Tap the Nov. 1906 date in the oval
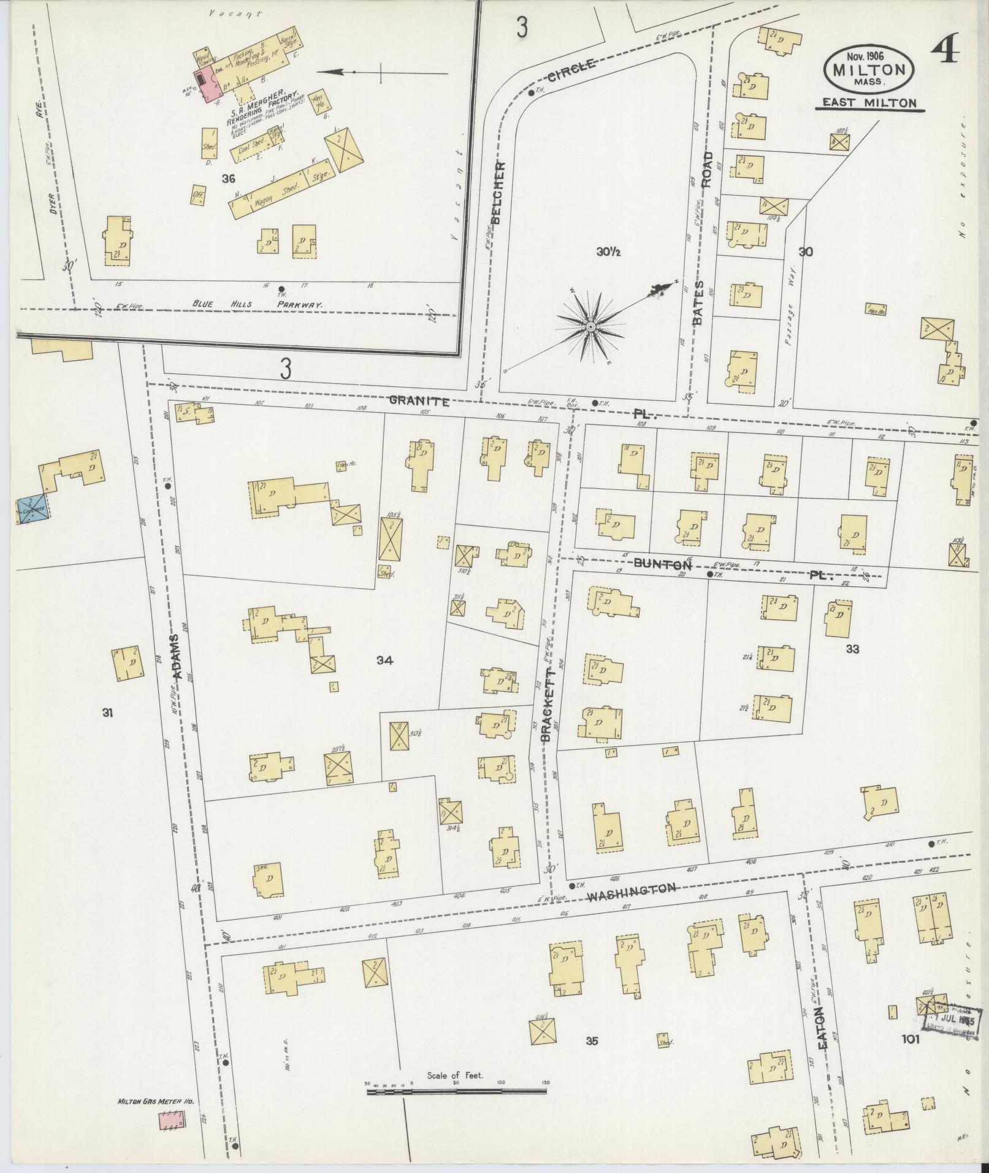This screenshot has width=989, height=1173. click(x=869, y=56)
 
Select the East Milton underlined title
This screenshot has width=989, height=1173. click(x=869, y=103)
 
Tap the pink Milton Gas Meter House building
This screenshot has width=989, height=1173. click(x=172, y=1121)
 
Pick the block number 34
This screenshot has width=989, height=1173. click(x=384, y=660)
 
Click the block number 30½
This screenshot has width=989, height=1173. click(x=608, y=251)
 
